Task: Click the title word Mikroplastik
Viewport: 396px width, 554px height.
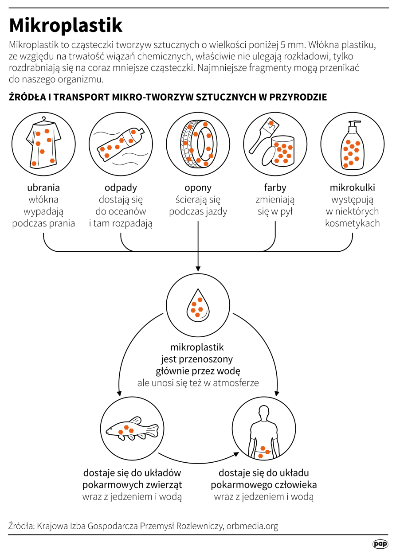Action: click(x=66, y=26)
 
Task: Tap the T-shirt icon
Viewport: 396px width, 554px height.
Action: click(x=43, y=144)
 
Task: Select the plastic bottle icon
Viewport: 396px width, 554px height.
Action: click(x=121, y=143)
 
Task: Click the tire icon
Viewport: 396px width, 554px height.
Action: click(x=198, y=143)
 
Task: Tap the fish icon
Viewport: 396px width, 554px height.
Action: click(x=132, y=429)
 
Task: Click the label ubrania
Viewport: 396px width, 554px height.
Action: click(x=43, y=187)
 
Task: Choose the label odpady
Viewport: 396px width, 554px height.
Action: click(x=121, y=187)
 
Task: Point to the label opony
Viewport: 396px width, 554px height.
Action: click(x=198, y=187)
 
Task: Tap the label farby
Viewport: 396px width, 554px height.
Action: click(x=275, y=187)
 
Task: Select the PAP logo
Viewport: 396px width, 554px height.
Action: click(x=380, y=544)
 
